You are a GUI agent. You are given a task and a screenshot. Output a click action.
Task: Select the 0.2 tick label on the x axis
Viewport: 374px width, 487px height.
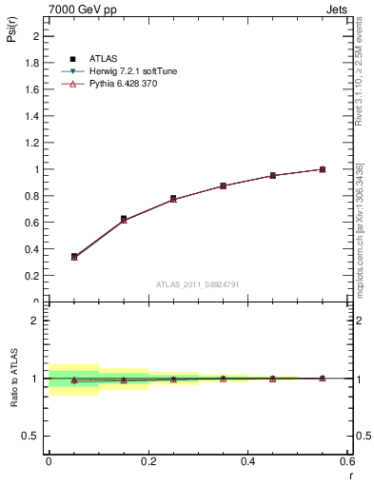148,460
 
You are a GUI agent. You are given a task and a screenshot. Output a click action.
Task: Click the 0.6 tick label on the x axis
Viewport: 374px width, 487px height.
347,460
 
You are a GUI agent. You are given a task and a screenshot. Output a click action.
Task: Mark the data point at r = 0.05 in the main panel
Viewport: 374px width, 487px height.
74,256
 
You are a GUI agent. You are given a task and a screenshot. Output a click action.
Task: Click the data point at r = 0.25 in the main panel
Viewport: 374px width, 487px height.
173,199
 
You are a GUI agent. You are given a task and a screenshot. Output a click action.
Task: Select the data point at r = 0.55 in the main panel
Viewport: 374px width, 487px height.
323,169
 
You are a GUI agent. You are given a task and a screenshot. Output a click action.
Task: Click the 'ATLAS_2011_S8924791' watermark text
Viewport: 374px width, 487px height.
196,283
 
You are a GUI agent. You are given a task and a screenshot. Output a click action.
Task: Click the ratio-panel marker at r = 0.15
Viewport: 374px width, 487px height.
124,380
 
